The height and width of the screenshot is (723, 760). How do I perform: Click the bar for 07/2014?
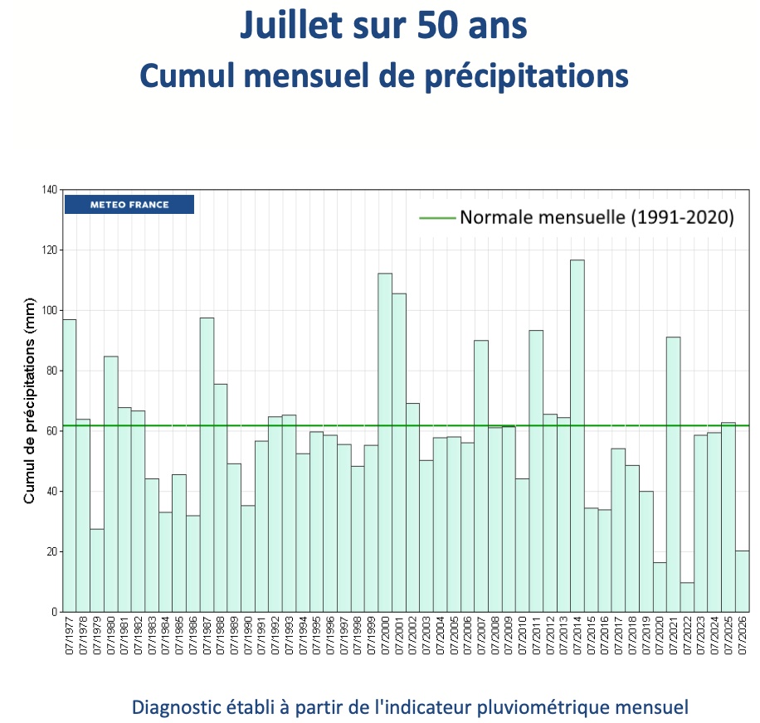(577, 436)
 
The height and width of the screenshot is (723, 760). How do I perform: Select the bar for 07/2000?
(385, 443)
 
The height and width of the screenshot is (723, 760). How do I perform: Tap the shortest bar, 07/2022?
(687, 597)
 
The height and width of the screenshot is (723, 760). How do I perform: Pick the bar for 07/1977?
(70, 466)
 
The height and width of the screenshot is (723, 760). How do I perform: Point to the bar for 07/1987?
(207, 465)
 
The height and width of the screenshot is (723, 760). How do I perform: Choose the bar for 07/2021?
(673, 474)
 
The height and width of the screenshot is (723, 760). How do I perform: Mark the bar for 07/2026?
(743, 581)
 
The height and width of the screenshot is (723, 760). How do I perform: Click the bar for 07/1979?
(97, 570)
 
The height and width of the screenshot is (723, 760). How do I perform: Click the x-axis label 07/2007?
(481, 635)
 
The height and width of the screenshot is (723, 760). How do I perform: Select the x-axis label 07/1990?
(248, 635)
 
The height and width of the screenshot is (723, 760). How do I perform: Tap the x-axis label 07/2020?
(660, 635)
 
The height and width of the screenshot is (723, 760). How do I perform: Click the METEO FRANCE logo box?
(129, 204)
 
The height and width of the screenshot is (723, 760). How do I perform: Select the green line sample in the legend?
(437, 218)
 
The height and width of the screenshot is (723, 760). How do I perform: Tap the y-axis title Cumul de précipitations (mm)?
(30, 400)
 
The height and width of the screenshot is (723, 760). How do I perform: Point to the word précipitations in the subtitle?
(527, 76)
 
